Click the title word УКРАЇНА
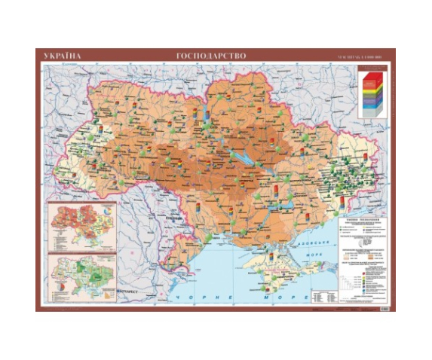[63, 55]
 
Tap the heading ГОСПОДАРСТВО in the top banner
[211, 55]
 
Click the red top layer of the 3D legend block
[370, 76]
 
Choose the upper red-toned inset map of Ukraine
[82, 225]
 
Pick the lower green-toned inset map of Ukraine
[82, 274]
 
